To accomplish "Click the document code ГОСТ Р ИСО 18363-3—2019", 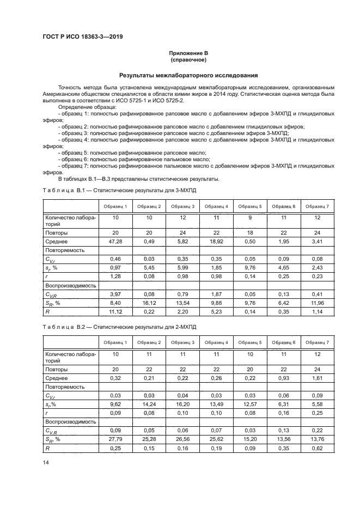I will [x=82, y=36].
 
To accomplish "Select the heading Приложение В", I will [x=188, y=53].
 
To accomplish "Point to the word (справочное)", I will [x=188, y=59].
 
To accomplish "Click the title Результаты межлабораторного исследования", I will [x=188, y=75].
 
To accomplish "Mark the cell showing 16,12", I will [x=149, y=302].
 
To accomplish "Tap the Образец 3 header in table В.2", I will [x=183, y=342].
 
